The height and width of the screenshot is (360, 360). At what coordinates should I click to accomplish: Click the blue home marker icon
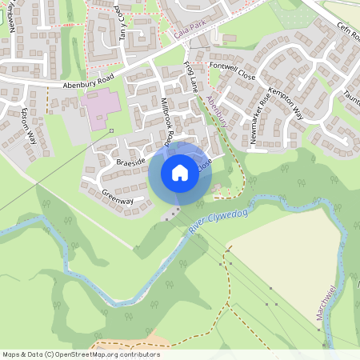tap(180, 172)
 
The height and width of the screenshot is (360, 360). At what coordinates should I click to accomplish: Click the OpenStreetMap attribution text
tap(81, 354)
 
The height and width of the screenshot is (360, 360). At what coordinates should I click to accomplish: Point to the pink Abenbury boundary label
tap(218, 113)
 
